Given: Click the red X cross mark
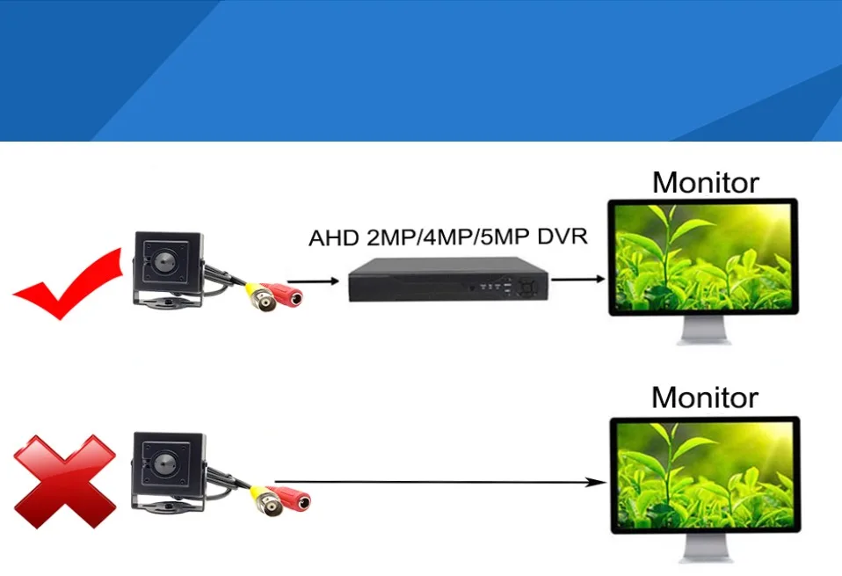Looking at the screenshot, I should click(x=63, y=483).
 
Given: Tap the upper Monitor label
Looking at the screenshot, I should click(x=705, y=183).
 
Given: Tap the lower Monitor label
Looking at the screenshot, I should click(x=705, y=397).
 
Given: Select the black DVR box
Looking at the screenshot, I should click(x=447, y=281).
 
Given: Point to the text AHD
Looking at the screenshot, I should click(x=332, y=238).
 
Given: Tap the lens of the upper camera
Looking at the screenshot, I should click(x=166, y=261).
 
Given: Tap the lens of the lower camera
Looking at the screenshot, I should click(x=166, y=461).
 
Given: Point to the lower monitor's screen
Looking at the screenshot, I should click(x=704, y=475).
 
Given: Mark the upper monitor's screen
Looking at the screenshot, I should click(x=704, y=258).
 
